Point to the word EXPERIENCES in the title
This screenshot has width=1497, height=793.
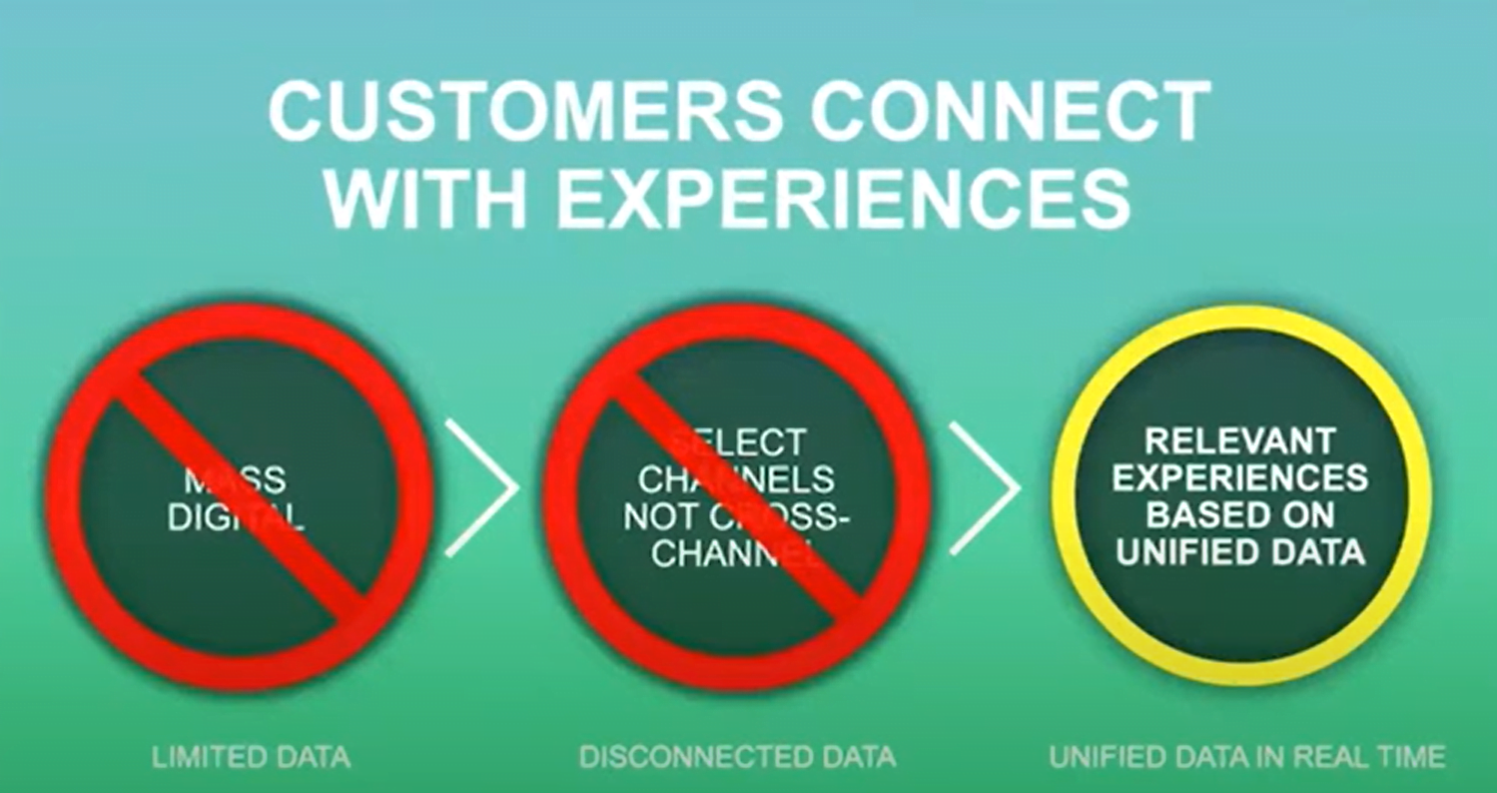843,198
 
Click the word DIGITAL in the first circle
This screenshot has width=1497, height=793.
237,516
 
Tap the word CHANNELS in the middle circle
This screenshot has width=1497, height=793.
736,479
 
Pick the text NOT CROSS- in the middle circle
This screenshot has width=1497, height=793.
736,516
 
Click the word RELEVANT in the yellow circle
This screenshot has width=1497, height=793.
1239,440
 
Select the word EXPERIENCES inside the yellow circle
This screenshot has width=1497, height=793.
1239,477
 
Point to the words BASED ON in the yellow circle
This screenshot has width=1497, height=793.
1239,514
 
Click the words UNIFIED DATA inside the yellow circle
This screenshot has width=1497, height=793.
1239,551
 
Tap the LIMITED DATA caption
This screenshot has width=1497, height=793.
251,757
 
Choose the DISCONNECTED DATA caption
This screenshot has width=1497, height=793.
737,757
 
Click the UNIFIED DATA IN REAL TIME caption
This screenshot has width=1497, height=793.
1246,757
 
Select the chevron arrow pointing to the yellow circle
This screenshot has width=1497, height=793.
983,487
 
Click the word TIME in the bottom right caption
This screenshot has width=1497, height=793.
1412,757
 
